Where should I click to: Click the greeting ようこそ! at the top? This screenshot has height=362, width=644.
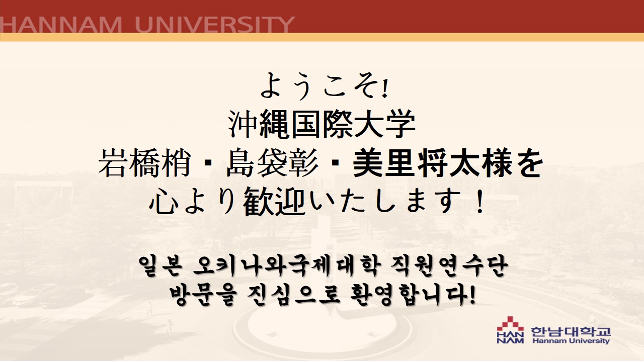coord(324,85)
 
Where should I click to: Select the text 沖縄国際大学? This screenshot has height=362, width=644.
coord(321,125)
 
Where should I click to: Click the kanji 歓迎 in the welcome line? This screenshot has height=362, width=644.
coord(274,201)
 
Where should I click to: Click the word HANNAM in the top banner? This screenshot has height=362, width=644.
coord(61,25)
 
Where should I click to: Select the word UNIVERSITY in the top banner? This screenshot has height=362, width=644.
coord(215,25)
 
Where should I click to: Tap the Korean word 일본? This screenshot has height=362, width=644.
coord(160,266)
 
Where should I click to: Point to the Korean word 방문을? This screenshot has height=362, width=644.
coord(203,296)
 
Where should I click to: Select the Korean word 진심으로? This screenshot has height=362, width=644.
coord(293,296)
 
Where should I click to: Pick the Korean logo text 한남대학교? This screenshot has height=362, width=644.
coord(571,331)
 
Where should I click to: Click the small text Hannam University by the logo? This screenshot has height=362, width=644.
coord(571,341)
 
